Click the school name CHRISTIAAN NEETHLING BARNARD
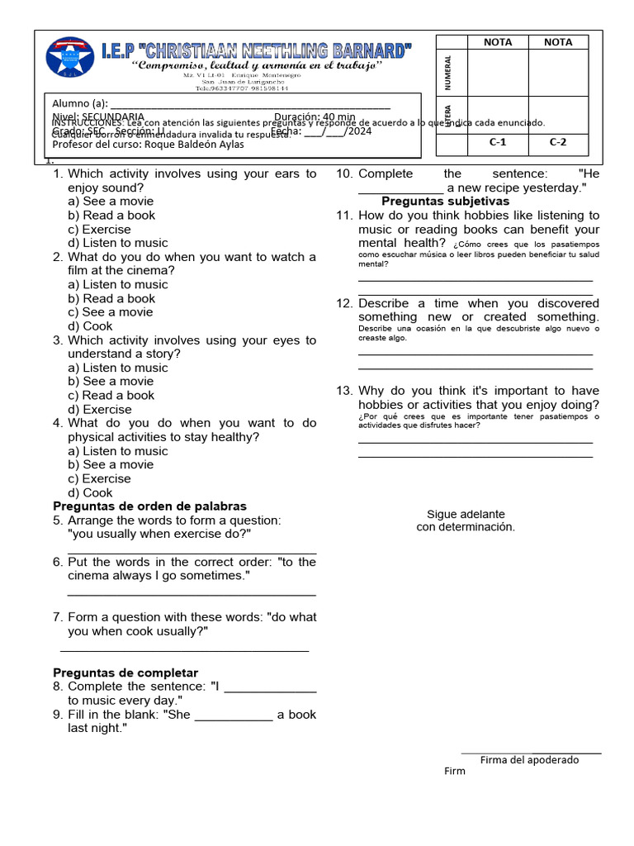pyautogui.click(x=256, y=50)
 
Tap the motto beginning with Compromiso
pyautogui.click(x=258, y=65)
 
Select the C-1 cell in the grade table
pyautogui.click(x=497, y=142)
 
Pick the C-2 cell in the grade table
pyautogui.click(x=559, y=142)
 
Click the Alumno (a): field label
pyautogui.click(x=80, y=103)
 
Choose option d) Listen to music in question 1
pyautogui.click(x=117, y=243)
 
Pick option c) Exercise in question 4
pyautogui.click(x=99, y=478)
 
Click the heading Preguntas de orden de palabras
pyautogui.click(x=149, y=506)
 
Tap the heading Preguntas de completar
pyautogui.click(x=125, y=673)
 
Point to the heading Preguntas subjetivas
pyautogui.click(x=445, y=202)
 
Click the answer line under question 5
pyautogui.click(x=192, y=553)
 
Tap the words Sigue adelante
pyautogui.click(x=466, y=514)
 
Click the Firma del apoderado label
pyautogui.click(x=529, y=760)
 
